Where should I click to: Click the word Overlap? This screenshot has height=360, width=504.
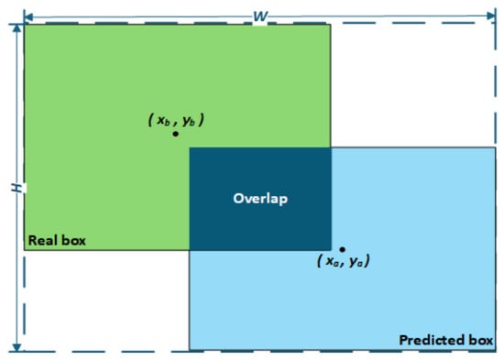(x=260, y=199)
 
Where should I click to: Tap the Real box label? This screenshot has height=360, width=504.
(x=57, y=240)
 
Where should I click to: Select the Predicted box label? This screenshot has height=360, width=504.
(x=446, y=340)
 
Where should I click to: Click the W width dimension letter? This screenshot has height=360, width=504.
(x=260, y=16)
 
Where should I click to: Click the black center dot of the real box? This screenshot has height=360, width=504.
(x=176, y=134)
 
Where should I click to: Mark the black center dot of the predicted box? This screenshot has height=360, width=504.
(x=343, y=249)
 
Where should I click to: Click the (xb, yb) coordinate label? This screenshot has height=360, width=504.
(x=176, y=120)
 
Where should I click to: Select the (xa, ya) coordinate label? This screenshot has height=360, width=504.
(x=344, y=261)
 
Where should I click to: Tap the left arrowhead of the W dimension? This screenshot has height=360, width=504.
(x=28, y=16)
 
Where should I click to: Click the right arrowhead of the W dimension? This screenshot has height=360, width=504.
(x=492, y=16)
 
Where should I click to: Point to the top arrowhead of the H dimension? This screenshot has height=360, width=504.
(x=16, y=28)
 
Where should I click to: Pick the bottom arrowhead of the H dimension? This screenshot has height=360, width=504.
(x=16, y=347)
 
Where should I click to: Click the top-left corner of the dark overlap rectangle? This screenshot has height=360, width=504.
(x=190, y=147)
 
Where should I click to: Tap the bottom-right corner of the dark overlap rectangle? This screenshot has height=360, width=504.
(x=331, y=250)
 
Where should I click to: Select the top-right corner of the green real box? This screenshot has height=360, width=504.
(x=331, y=25)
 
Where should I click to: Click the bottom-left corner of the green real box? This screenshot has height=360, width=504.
(x=25, y=250)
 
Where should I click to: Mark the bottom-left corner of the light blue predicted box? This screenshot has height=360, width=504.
(x=190, y=350)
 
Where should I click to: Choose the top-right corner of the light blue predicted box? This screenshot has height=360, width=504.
(x=496, y=147)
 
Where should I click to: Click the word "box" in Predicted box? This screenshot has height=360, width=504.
(x=481, y=340)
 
